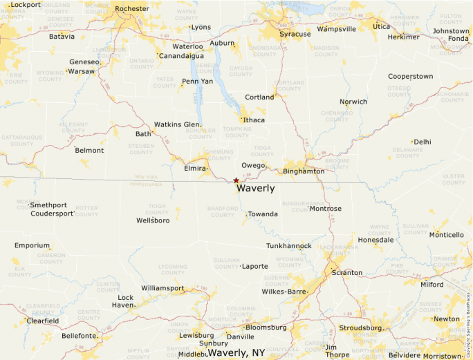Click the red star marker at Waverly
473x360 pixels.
tap(236, 180)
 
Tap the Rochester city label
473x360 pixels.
tap(131, 9)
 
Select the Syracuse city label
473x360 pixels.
tap(295, 34)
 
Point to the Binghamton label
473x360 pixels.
tap(304, 171)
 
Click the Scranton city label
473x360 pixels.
tap(346, 273)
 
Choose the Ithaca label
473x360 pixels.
tap(254, 120)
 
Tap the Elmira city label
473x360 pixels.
tap(195, 169)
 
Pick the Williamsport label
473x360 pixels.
tap(163, 287)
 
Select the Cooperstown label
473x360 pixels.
tap(411, 77)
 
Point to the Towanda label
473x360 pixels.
tap(263, 214)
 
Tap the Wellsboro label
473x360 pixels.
tap(153, 220)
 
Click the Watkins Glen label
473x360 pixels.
tap(177, 124)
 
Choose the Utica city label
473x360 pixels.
tap(381, 27)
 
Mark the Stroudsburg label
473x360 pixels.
tap(360, 328)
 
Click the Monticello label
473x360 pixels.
tap(447, 235)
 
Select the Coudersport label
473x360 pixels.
tap(52, 214)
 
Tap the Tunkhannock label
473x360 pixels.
tap(289, 246)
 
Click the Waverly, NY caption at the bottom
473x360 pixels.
tap(236, 352)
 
